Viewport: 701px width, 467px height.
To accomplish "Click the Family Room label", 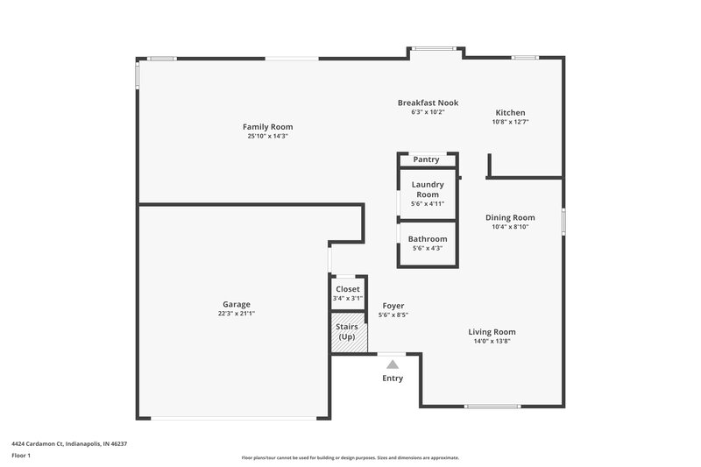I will coord(267,127).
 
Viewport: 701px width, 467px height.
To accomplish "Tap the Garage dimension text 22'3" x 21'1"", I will coord(237,314).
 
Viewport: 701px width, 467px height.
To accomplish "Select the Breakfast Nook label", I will coord(428,103).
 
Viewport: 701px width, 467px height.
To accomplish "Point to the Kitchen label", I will coord(510,113).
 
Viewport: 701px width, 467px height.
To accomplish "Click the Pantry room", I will coord(427,159).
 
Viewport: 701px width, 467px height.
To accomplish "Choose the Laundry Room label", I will coord(428,189).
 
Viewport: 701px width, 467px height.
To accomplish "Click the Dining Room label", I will coord(510,217).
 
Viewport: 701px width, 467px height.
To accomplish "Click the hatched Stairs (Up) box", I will coord(347,333).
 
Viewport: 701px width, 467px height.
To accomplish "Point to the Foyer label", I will coord(393,306).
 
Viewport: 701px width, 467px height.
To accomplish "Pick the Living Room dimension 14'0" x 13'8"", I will coord(492,342).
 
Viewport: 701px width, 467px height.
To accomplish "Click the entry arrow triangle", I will coord(393,364).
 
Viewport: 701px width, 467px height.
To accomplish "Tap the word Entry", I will coord(393,379).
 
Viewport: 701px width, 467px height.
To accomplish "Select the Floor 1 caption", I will coord(21,456).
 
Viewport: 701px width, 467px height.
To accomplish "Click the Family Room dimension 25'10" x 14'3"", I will coord(267,137).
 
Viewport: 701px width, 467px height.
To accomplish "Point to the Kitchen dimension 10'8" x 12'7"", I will coord(510,123).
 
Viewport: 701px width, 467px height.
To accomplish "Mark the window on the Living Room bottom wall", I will coord(492,407).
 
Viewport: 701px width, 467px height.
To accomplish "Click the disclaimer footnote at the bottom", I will coord(350,457).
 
